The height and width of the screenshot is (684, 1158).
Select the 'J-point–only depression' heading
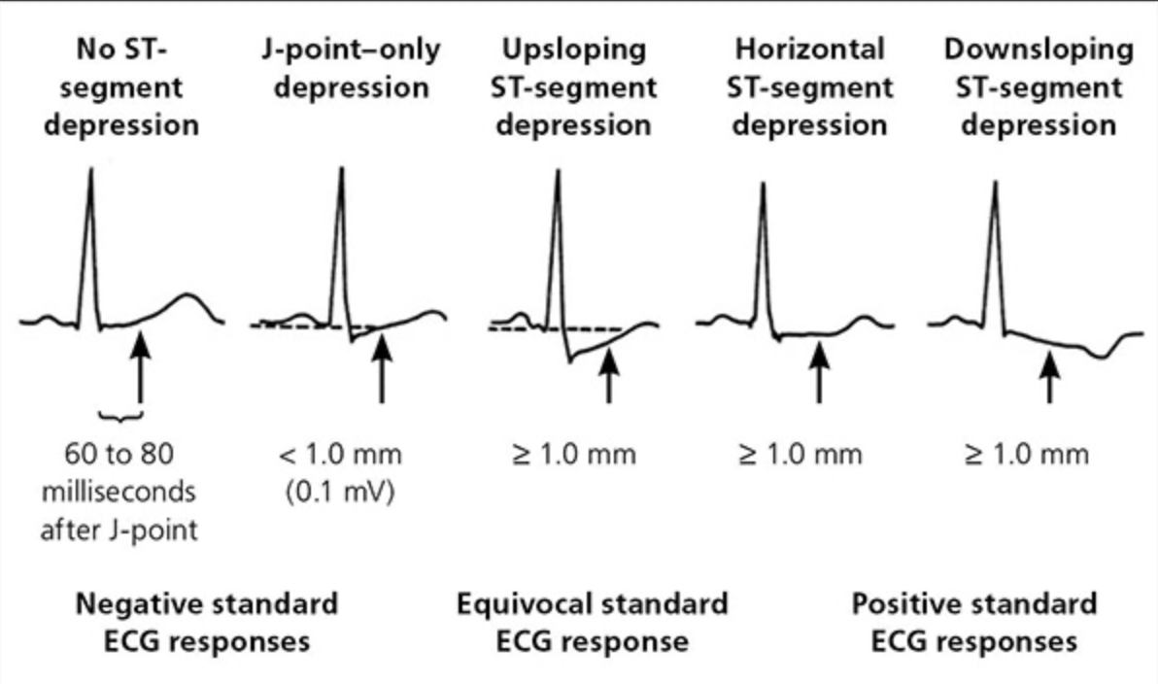pyautogui.click(x=351, y=68)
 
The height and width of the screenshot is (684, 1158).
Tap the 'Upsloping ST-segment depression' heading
pyautogui.click(x=575, y=87)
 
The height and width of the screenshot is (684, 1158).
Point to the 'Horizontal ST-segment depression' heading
pyautogui.click(x=810, y=87)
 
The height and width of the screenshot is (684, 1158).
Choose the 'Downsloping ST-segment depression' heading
pyautogui.click(x=1039, y=87)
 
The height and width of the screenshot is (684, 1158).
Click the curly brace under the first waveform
pyautogui.click(x=122, y=414)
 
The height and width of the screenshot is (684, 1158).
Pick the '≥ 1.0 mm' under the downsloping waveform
pyautogui.click(x=1028, y=455)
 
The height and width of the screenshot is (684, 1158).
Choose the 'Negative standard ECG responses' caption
pyautogui.click(x=208, y=622)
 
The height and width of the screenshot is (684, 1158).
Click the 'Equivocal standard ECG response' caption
pyautogui.click(x=592, y=622)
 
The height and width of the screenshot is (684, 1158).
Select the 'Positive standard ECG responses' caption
pyautogui.click(x=974, y=622)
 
